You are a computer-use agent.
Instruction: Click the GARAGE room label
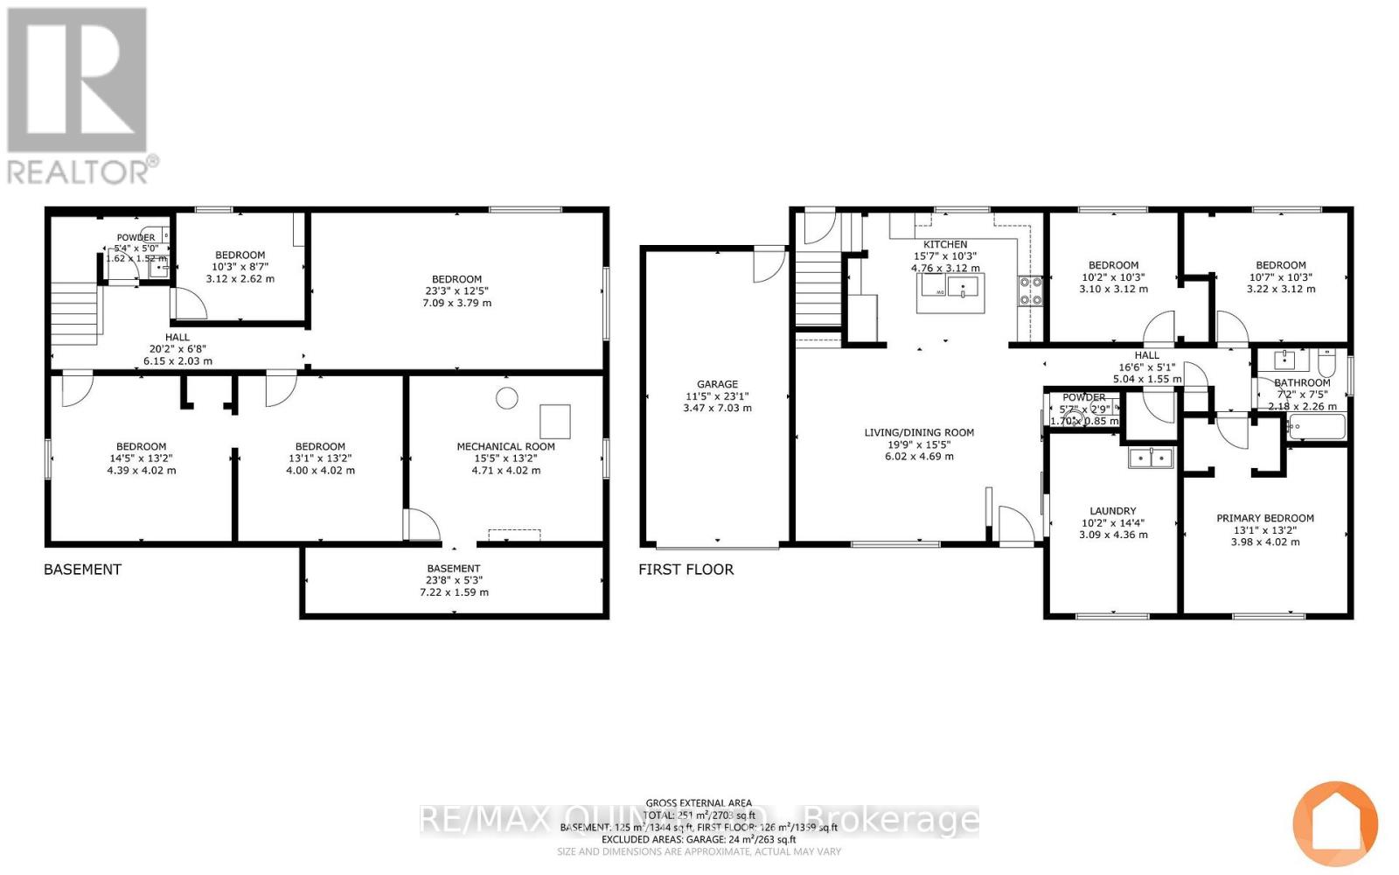[x=717, y=384]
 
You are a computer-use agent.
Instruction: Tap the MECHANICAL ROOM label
[x=505, y=446]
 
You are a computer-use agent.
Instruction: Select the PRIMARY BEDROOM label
[x=1264, y=518]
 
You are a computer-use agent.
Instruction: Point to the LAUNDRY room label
[x=1112, y=511]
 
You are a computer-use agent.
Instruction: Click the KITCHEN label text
[x=945, y=244]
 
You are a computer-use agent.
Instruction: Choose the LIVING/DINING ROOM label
[x=918, y=432]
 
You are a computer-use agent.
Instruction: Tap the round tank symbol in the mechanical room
[x=506, y=398]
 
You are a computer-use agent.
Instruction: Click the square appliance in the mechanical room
[x=554, y=421]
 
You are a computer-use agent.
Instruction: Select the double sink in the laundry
[x=1150, y=458]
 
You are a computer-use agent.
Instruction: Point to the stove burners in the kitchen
[x=1030, y=290]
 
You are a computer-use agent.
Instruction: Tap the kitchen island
[x=950, y=292]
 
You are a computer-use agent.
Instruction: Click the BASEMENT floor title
[x=82, y=570]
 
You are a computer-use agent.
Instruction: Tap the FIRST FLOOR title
[x=686, y=570]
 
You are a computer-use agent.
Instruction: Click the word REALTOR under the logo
[x=79, y=171]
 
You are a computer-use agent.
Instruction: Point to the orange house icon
[x=1335, y=823]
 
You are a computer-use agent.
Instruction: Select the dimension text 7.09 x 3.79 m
[x=456, y=304]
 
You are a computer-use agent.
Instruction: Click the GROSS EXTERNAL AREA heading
[x=699, y=802]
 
